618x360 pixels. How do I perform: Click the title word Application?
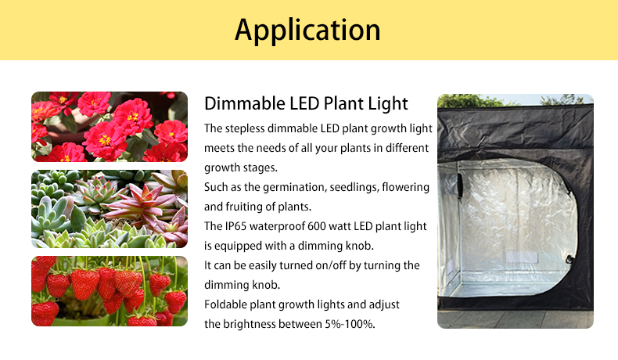coord(307,31)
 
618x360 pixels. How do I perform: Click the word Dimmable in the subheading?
coord(244,103)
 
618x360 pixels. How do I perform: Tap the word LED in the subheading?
coord(304,103)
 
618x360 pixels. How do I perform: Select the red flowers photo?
coord(110,127)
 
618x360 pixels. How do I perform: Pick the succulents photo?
coord(110,209)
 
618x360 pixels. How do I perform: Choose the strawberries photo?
coord(110,291)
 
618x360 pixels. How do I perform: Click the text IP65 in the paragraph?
coord(235,226)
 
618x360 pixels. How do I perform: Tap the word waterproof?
coord(277,227)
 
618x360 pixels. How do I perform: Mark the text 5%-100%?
coord(350,324)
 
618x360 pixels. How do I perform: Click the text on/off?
coord(331,265)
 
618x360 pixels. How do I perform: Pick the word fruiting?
coord(243,207)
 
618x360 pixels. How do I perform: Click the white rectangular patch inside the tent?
coord(522,257)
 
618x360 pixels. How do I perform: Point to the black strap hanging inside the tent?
coord(460,185)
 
